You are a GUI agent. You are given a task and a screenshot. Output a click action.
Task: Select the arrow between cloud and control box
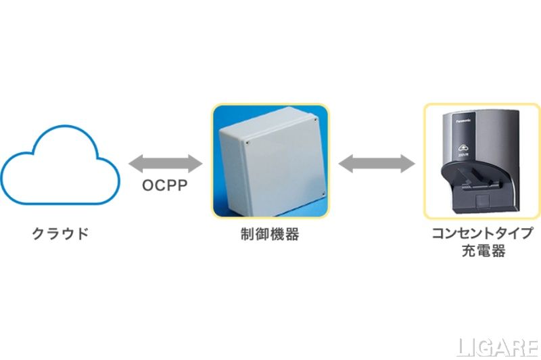click(x=165, y=163)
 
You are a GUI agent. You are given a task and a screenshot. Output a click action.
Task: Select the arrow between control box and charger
click(x=377, y=163)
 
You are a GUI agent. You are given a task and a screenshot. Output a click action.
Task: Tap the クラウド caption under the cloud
click(x=60, y=234)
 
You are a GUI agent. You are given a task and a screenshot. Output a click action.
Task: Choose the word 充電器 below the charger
click(x=481, y=252)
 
